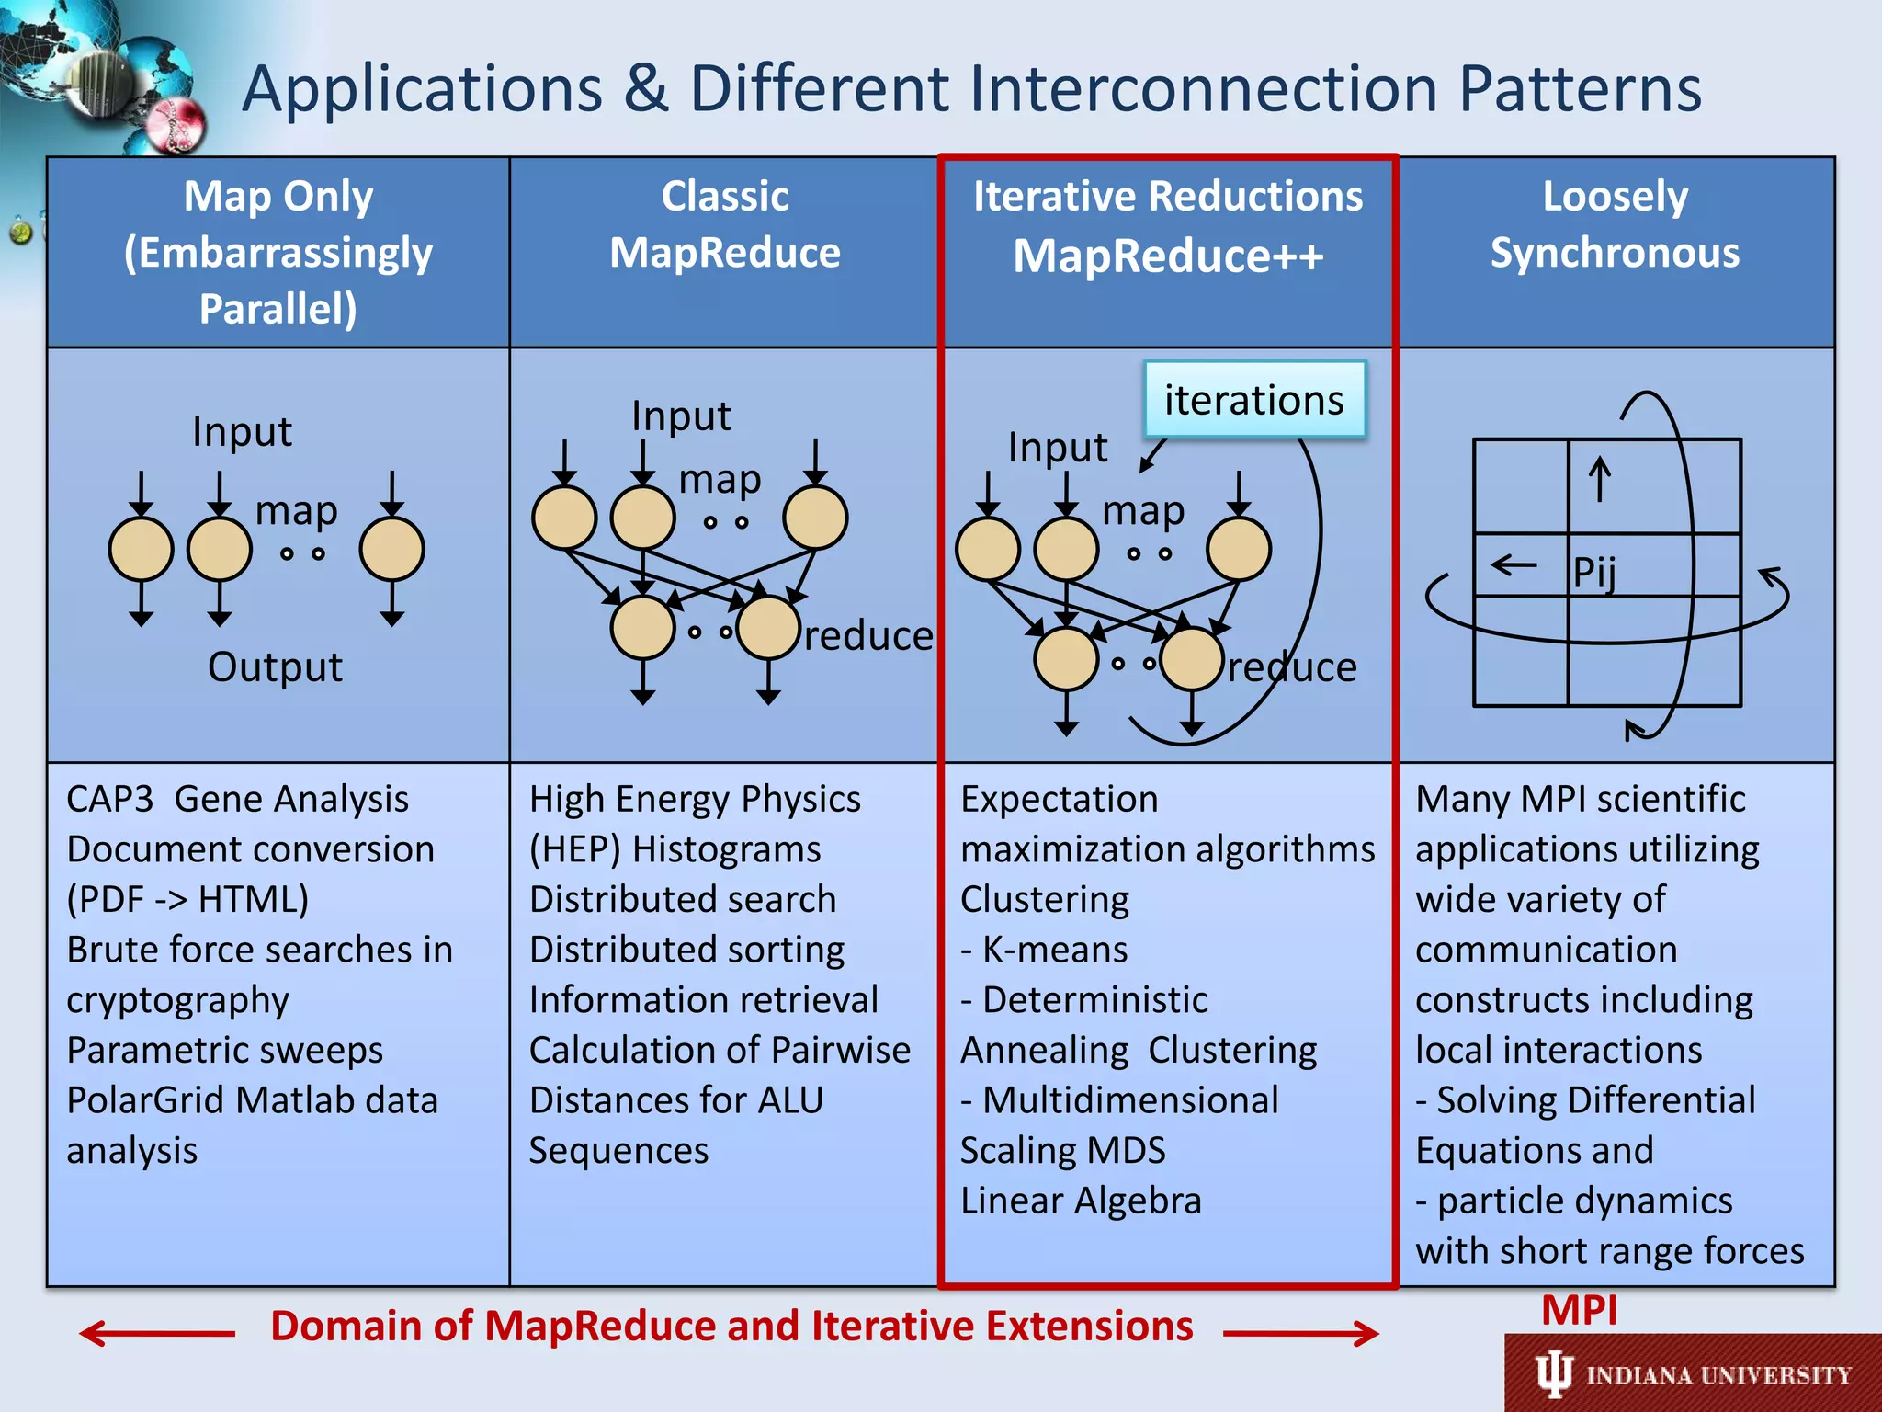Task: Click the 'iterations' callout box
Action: pyautogui.click(x=1253, y=400)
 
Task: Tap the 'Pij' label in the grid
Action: pyautogui.click(x=1594, y=572)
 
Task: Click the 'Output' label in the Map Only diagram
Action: pyautogui.click(x=275, y=666)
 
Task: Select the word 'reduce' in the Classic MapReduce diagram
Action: pyautogui.click(x=868, y=635)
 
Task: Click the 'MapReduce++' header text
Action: pyautogui.click(x=1168, y=256)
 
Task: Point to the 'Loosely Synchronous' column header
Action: pyautogui.click(x=1615, y=224)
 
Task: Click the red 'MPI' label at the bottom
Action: pyautogui.click(x=1579, y=1310)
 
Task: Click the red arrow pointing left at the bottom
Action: pyautogui.click(x=156, y=1333)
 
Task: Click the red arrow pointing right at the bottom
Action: pyautogui.click(x=1300, y=1333)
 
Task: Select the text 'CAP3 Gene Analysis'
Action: pyautogui.click(x=237, y=799)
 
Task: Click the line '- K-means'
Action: pyautogui.click(x=1044, y=950)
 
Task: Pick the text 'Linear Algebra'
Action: pyautogui.click(x=1081, y=1201)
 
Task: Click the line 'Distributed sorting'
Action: pyautogui.click(x=686, y=950)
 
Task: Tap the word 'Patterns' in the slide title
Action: pyautogui.click(x=1581, y=89)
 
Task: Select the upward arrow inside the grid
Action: pyautogui.click(x=1600, y=479)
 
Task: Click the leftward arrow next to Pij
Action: pyautogui.click(x=1514, y=564)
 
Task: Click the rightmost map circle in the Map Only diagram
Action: pyautogui.click(x=392, y=549)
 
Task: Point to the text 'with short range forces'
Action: pyautogui.click(x=1609, y=1251)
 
